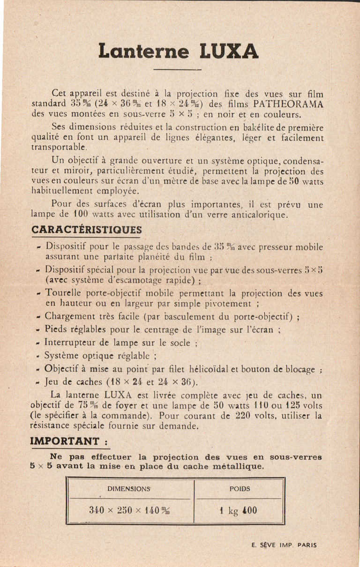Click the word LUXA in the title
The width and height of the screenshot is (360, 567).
click(x=229, y=51)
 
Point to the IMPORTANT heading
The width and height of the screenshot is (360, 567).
click(x=65, y=441)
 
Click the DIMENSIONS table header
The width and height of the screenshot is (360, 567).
click(x=129, y=488)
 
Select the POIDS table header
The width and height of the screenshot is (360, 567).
click(x=240, y=488)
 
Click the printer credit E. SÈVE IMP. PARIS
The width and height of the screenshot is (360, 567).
click(x=284, y=545)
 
